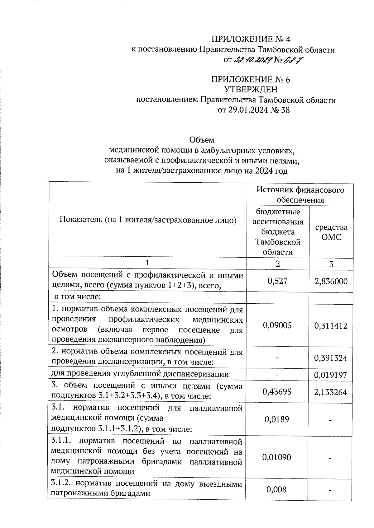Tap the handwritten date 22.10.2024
coord(253,59)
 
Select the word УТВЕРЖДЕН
coord(251,90)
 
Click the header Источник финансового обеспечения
coord(300,194)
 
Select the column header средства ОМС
coord(331,232)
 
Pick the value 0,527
coord(277,281)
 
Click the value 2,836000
coord(331,282)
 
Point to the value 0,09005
coord(277,325)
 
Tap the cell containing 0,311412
coord(331,326)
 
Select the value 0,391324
coord(331,358)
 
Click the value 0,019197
coord(331,375)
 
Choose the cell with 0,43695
coord(277,392)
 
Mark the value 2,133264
coord(331,392)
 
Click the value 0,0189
coord(277,419)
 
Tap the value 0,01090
coord(277,457)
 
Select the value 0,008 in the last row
coord(277,489)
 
